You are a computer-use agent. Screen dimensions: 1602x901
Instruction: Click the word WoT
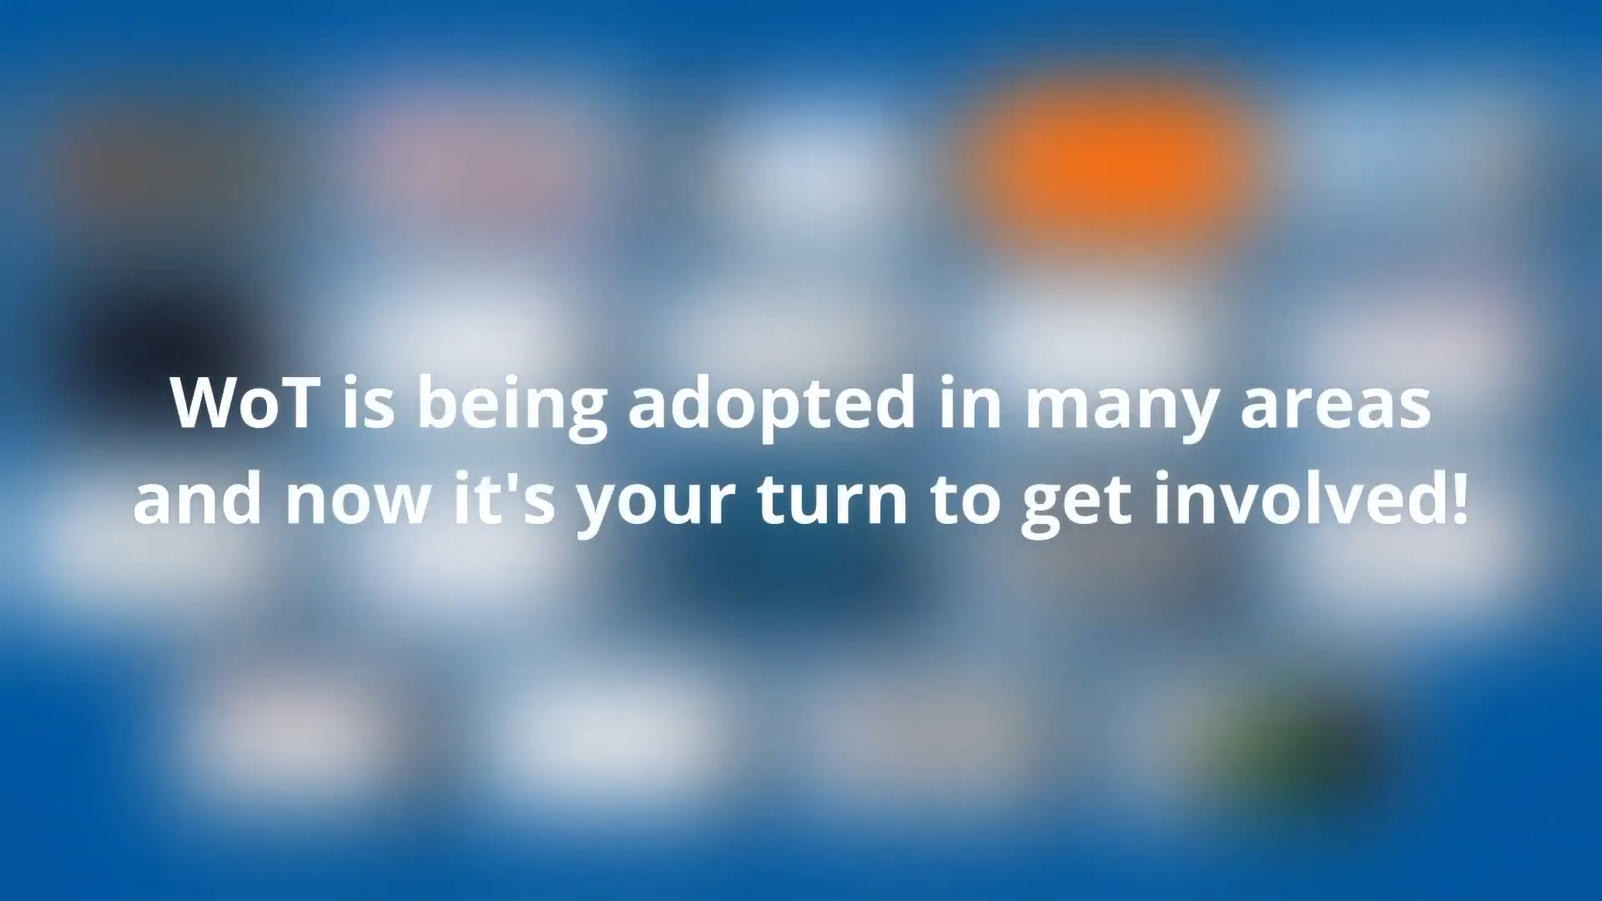coord(244,403)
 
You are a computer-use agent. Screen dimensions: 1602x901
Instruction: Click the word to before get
coord(965,498)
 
